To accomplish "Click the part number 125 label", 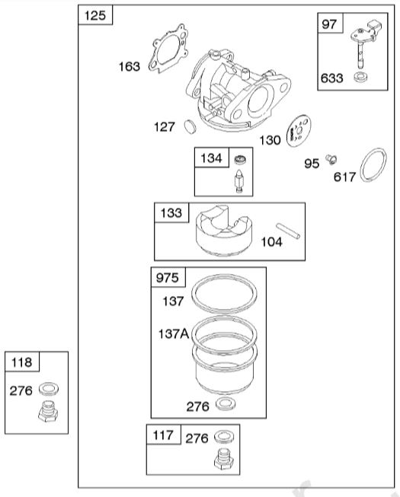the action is pos(95,15).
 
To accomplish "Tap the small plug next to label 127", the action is pos(190,127).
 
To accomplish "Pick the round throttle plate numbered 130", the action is pos(299,131).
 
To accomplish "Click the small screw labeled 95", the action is pos(331,159).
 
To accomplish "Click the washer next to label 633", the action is pos(361,78).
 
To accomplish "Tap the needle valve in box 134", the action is pos(239,180).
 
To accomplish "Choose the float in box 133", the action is pos(224,231).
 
